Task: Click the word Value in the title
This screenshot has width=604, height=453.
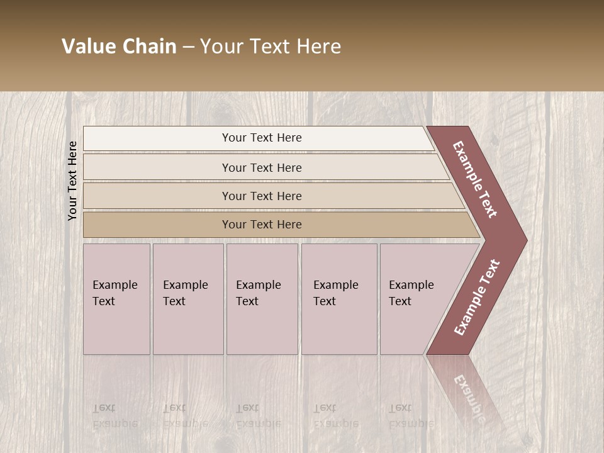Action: [87, 47]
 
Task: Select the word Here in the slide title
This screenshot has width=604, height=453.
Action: [318, 47]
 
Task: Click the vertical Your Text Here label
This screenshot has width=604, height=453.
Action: [72, 181]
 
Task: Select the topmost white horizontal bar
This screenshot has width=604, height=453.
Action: [258, 138]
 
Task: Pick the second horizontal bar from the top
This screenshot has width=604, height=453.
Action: [262, 167]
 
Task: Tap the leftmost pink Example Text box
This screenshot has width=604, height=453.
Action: [116, 299]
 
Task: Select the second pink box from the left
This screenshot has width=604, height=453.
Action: [188, 299]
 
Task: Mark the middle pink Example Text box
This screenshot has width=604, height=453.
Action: [262, 299]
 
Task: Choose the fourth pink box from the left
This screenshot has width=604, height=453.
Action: [339, 299]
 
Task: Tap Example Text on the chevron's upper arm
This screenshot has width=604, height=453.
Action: [475, 179]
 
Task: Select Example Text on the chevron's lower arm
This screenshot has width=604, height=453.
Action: [477, 297]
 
